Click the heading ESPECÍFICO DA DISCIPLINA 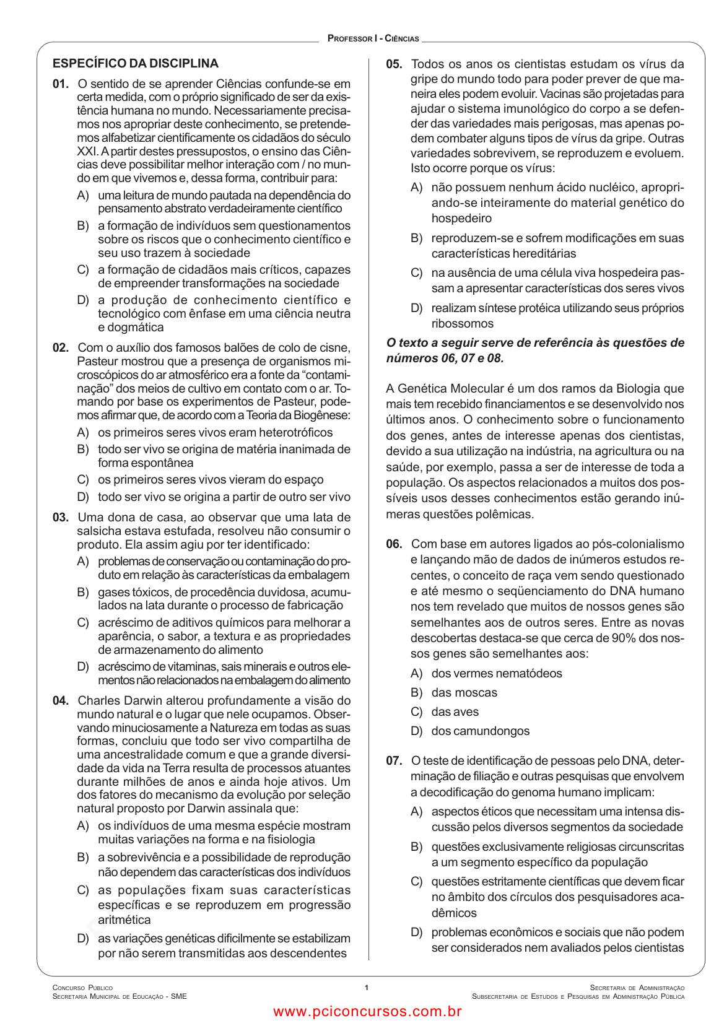[136, 63]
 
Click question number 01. [60, 84]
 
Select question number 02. [60, 347]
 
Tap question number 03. [60, 517]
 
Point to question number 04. [60, 700]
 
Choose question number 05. [394, 64]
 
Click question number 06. [394, 544]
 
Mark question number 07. [394, 760]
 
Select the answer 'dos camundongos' [480, 731]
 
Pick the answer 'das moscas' [464, 692]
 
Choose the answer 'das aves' [455, 711]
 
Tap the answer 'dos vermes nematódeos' [497, 673]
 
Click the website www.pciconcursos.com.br [367, 1011]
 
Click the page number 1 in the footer [367, 987]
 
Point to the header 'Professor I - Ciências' [373, 38]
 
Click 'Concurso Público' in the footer [82, 988]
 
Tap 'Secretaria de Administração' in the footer [637, 988]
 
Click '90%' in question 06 [624, 638]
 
